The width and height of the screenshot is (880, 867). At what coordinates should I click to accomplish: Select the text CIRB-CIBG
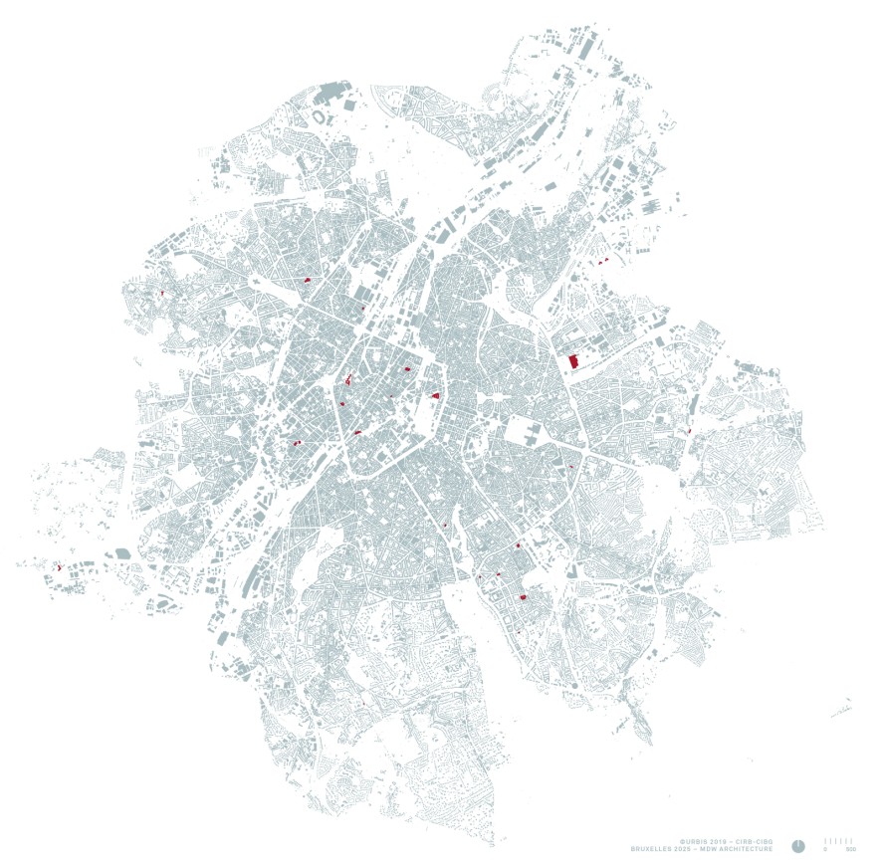756,841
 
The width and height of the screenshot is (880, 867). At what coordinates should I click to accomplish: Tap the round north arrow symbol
798,845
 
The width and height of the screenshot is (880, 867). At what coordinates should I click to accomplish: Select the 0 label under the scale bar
825,850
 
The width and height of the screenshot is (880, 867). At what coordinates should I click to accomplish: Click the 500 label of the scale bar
849,850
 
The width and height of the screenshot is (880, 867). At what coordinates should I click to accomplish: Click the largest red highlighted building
572,361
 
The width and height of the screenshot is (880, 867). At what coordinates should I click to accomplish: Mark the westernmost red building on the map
60,566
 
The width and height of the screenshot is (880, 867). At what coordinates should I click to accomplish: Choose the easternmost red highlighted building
689,430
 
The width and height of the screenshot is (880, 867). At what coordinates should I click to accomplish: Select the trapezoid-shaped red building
436,395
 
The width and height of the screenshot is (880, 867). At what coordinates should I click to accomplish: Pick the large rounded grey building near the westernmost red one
123,552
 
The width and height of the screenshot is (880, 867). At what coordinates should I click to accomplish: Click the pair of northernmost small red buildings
601,261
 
